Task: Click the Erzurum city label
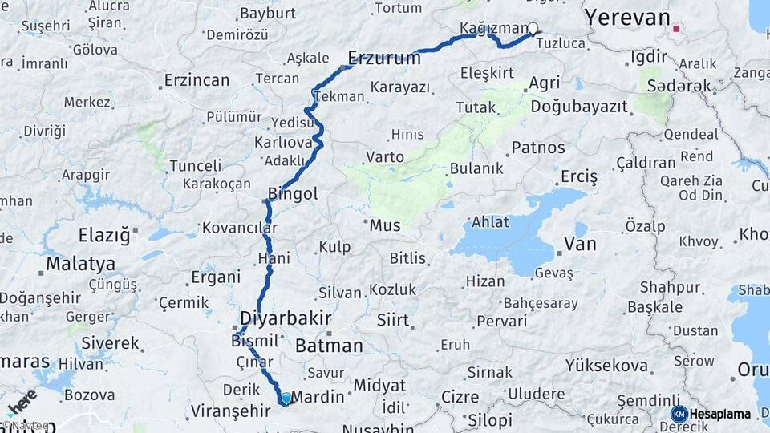[x=384, y=58]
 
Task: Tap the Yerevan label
[x=626, y=18]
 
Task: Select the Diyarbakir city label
[x=286, y=318]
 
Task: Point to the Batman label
[x=329, y=346]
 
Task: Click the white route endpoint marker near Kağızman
[x=533, y=29]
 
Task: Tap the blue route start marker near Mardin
[x=286, y=399]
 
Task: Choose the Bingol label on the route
[x=293, y=194]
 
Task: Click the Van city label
[x=580, y=244]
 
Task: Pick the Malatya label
[x=80, y=264]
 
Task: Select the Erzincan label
[x=197, y=80]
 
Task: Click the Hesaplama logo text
[x=720, y=415]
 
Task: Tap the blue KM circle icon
[x=679, y=415]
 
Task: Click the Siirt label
[x=393, y=321]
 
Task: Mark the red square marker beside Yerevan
[x=676, y=29]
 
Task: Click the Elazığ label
[x=103, y=235]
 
